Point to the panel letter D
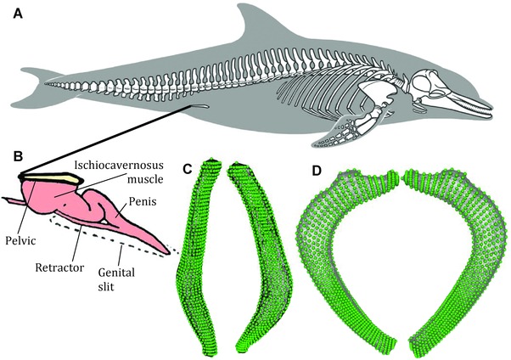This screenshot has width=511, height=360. pyautogui.click(x=315, y=168)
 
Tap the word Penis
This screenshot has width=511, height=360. pyautogui.click(x=142, y=205)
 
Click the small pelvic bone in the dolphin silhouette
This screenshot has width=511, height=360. pyautogui.click(x=199, y=106)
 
